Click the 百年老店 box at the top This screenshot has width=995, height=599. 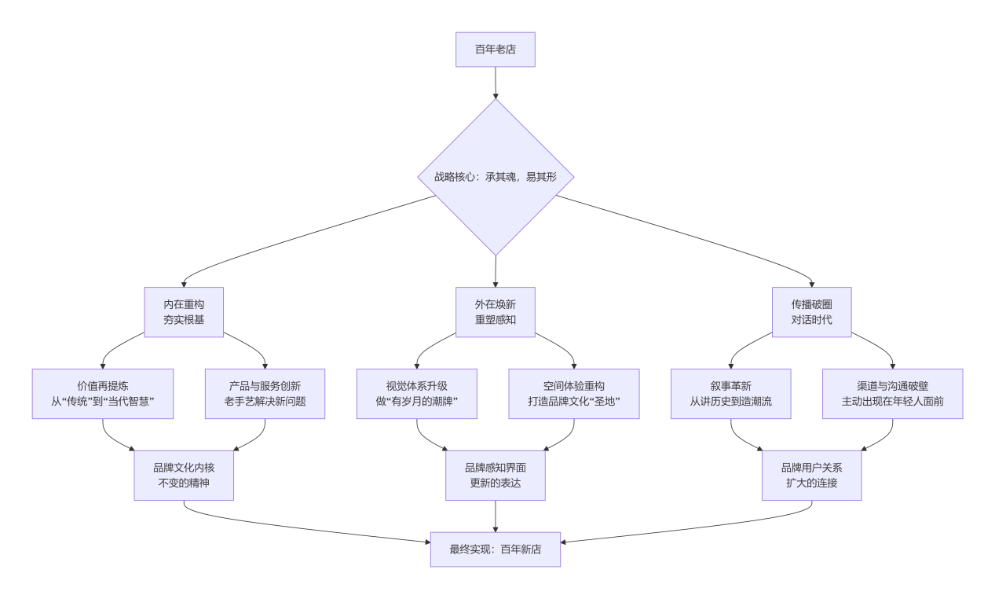point(495,50)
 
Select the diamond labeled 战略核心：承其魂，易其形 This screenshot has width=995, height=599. point(495,177)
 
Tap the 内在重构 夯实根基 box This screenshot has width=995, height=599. point(184,312)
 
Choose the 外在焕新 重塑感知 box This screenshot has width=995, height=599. point(495,312)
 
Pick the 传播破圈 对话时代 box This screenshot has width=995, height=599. point(811,312)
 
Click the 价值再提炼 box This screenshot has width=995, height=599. point(103,394)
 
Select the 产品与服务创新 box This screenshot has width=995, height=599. point(265,394)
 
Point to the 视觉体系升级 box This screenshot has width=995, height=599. point(416,394)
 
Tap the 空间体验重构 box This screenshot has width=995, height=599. point(574,394)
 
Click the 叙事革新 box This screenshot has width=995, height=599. point(730,394)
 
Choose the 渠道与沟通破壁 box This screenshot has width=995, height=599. point(892,394)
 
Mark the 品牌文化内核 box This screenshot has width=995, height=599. point(184,475)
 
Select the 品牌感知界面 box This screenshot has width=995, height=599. point(495,475)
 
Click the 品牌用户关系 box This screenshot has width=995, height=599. point(811,475)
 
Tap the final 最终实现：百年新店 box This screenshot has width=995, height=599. point(495,549)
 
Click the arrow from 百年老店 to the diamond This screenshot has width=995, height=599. point(496,83)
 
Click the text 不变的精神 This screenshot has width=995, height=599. point(184,483)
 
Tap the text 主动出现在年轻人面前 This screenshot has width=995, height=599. point(892,402)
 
